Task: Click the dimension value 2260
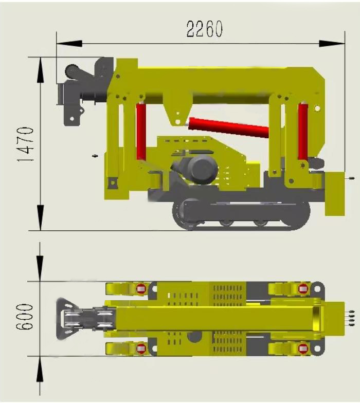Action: pos(204,29)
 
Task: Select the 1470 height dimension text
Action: pos(26,144)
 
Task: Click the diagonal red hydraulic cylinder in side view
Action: pos(229,127)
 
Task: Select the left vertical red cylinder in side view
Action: pos(141,131)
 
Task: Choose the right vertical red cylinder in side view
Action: pos(303,131)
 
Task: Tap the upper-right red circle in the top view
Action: pos(303,288)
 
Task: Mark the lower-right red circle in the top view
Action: pos(303,349)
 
